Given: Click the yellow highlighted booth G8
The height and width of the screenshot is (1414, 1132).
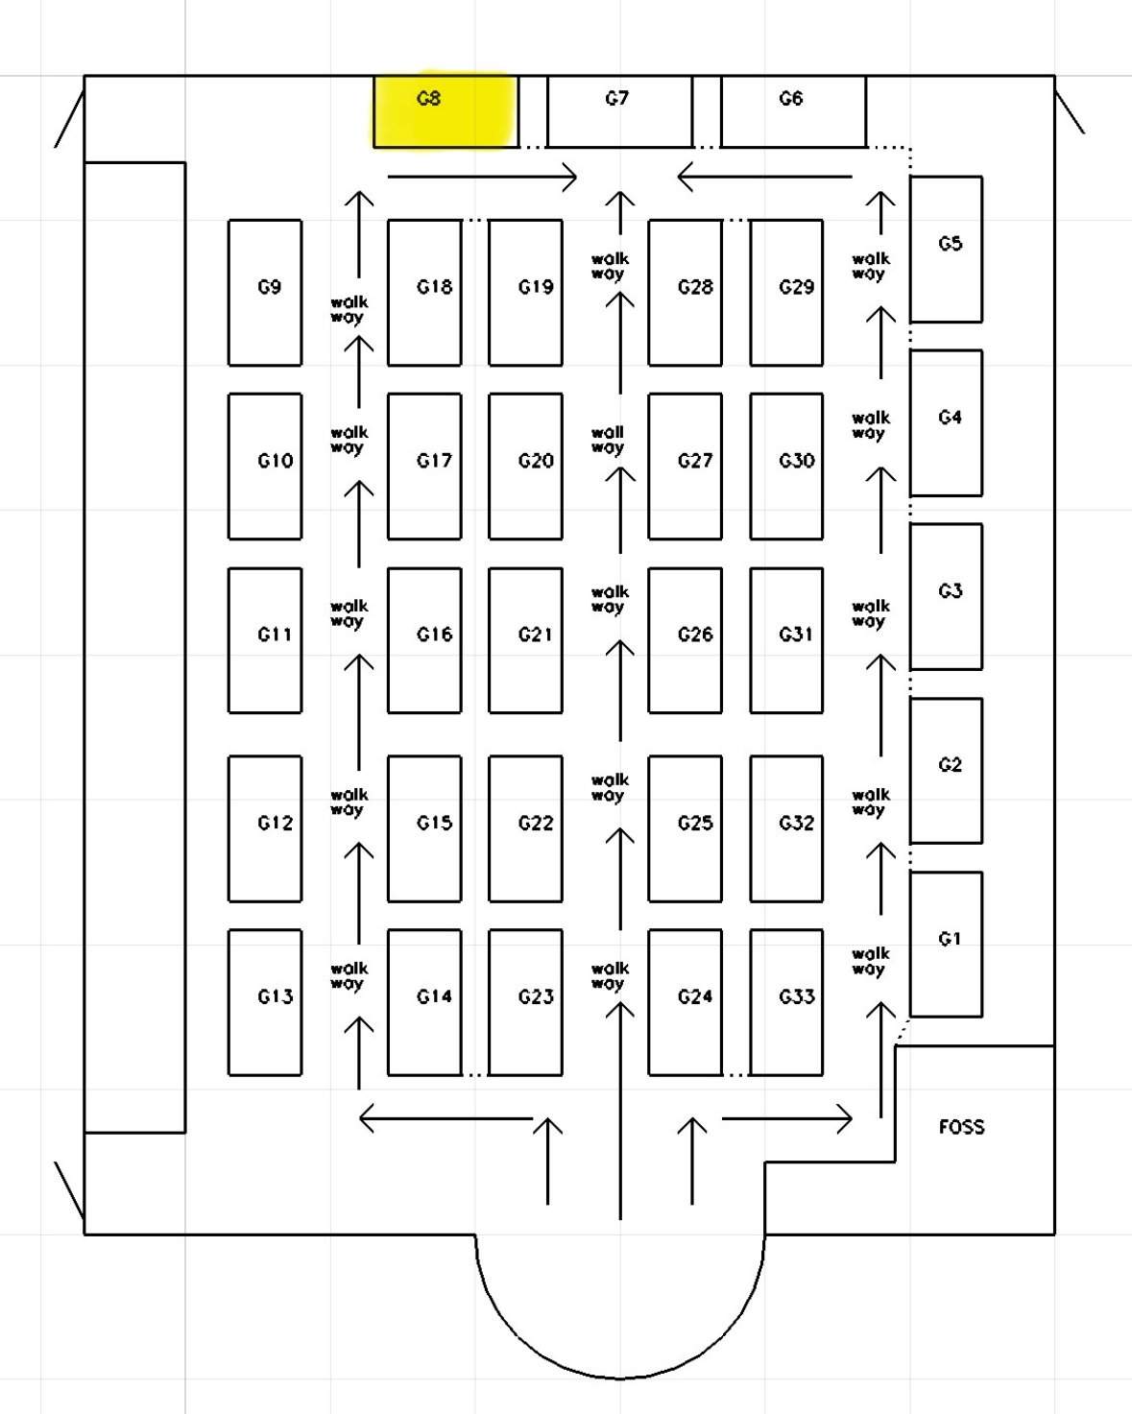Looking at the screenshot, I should [446, 111].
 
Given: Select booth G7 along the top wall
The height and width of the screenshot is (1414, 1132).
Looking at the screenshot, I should [619, 111].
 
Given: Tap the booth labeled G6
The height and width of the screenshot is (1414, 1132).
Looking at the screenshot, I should [793, 111].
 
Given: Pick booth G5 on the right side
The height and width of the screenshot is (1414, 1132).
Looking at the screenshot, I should [946, 249].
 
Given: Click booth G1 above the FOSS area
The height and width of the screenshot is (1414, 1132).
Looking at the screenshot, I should [946, 944].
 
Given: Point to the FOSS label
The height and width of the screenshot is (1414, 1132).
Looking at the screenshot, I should [961, 1127].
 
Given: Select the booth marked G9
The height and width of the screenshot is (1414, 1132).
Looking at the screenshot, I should [265, 293].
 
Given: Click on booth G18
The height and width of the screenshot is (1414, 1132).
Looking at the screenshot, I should [424, 293].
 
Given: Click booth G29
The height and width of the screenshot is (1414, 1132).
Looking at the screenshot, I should [786, 293].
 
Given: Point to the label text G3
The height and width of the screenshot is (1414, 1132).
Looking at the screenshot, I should [950, 591].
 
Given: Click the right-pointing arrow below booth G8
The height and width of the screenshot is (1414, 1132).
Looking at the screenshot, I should [482, 177].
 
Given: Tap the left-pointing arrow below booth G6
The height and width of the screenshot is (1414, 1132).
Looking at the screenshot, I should [764, 177].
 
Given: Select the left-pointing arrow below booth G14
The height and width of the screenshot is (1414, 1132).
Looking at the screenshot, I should [446, 1118].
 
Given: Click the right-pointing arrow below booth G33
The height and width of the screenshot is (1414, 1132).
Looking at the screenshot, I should [786, 1118].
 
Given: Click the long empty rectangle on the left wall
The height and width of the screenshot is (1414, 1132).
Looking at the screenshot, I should [135, 647].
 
